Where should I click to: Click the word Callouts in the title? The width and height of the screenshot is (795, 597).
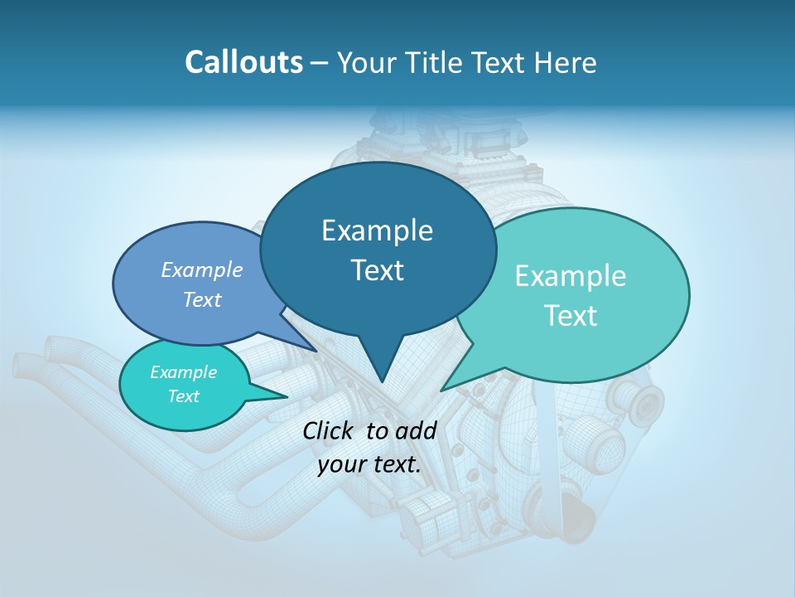coord(243,62)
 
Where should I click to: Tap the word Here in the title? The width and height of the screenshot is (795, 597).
coord(566,62)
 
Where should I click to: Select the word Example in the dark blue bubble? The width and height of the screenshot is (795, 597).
coord(377,231)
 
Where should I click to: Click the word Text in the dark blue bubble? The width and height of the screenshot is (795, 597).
coord(377,270)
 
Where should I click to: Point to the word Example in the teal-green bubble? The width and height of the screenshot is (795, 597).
coord(571,276)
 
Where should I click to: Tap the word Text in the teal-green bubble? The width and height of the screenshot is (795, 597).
coord(571,316)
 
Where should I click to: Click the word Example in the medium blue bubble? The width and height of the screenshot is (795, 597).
coord(202,269)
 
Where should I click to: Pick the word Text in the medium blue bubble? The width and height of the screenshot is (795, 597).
coord(202,299)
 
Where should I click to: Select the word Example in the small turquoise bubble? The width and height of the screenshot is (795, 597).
coord(183,372)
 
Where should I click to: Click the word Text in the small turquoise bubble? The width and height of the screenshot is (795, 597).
coord(183,396)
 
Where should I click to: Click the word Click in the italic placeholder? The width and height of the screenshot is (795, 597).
coord(329,430)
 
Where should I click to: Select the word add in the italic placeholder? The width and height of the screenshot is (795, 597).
coord(416,430)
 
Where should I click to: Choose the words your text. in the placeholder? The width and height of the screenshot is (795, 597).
coord(369,464)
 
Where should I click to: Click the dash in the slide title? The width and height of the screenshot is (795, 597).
coord(320,62)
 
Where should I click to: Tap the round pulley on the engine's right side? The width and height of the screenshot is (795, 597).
coord(645,403)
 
